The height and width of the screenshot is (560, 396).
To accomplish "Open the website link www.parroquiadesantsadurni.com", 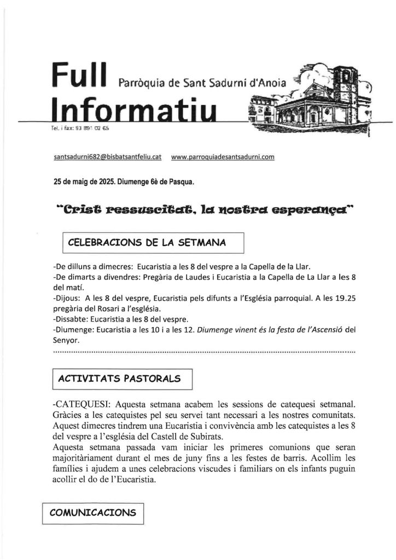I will (x=223, y=156).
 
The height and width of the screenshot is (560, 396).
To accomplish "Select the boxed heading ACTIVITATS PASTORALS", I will (x=122, y=378).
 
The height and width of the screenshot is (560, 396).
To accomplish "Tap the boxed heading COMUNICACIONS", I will (x=92, y=513).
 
